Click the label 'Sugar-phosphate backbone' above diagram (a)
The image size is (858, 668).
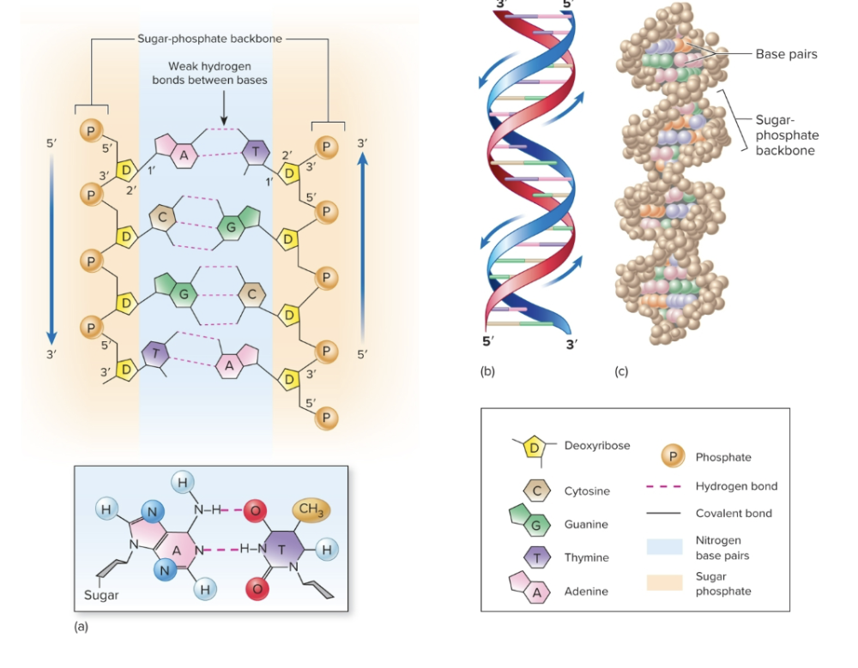tap(209, 39)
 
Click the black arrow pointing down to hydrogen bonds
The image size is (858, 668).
tap(223, 110)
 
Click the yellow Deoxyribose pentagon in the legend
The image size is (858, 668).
tap(533, 447)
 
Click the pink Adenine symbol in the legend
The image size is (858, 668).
tap(532, 590)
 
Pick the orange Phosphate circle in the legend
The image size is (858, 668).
tap(676, 456)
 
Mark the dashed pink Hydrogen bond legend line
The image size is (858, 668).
tap(664, 486)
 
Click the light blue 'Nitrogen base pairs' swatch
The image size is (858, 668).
tap(664, 547)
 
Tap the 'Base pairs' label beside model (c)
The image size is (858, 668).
tap(786, 54)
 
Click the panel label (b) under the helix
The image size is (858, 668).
tap(487, 371)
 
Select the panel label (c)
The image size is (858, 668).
tap(621, 371)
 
